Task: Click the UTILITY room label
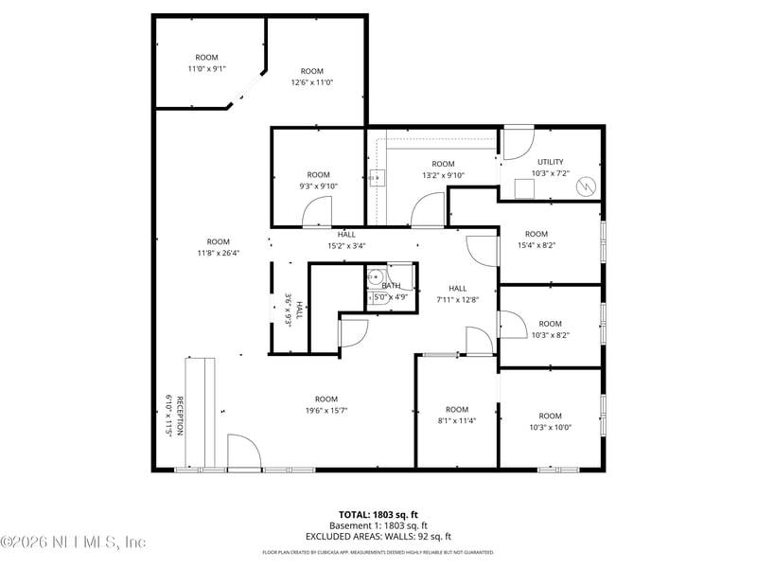point(550,162)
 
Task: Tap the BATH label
point(392,286)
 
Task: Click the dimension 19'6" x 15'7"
point(326,410)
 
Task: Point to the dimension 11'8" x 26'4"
point(219,253)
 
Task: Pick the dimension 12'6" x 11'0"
point(312,82)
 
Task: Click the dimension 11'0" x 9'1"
point(206,68)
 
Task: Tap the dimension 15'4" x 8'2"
point(537,245)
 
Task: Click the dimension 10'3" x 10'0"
point(550,427)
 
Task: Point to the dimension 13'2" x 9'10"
point(444,175)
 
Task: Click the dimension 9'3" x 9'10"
point(319,186)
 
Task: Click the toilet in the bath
point(375,279)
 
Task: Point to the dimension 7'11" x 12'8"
point(458,300)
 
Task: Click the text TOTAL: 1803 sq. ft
point(378,515)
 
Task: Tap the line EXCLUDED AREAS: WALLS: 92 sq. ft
point(378,536)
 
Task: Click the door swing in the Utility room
point(517,143)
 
